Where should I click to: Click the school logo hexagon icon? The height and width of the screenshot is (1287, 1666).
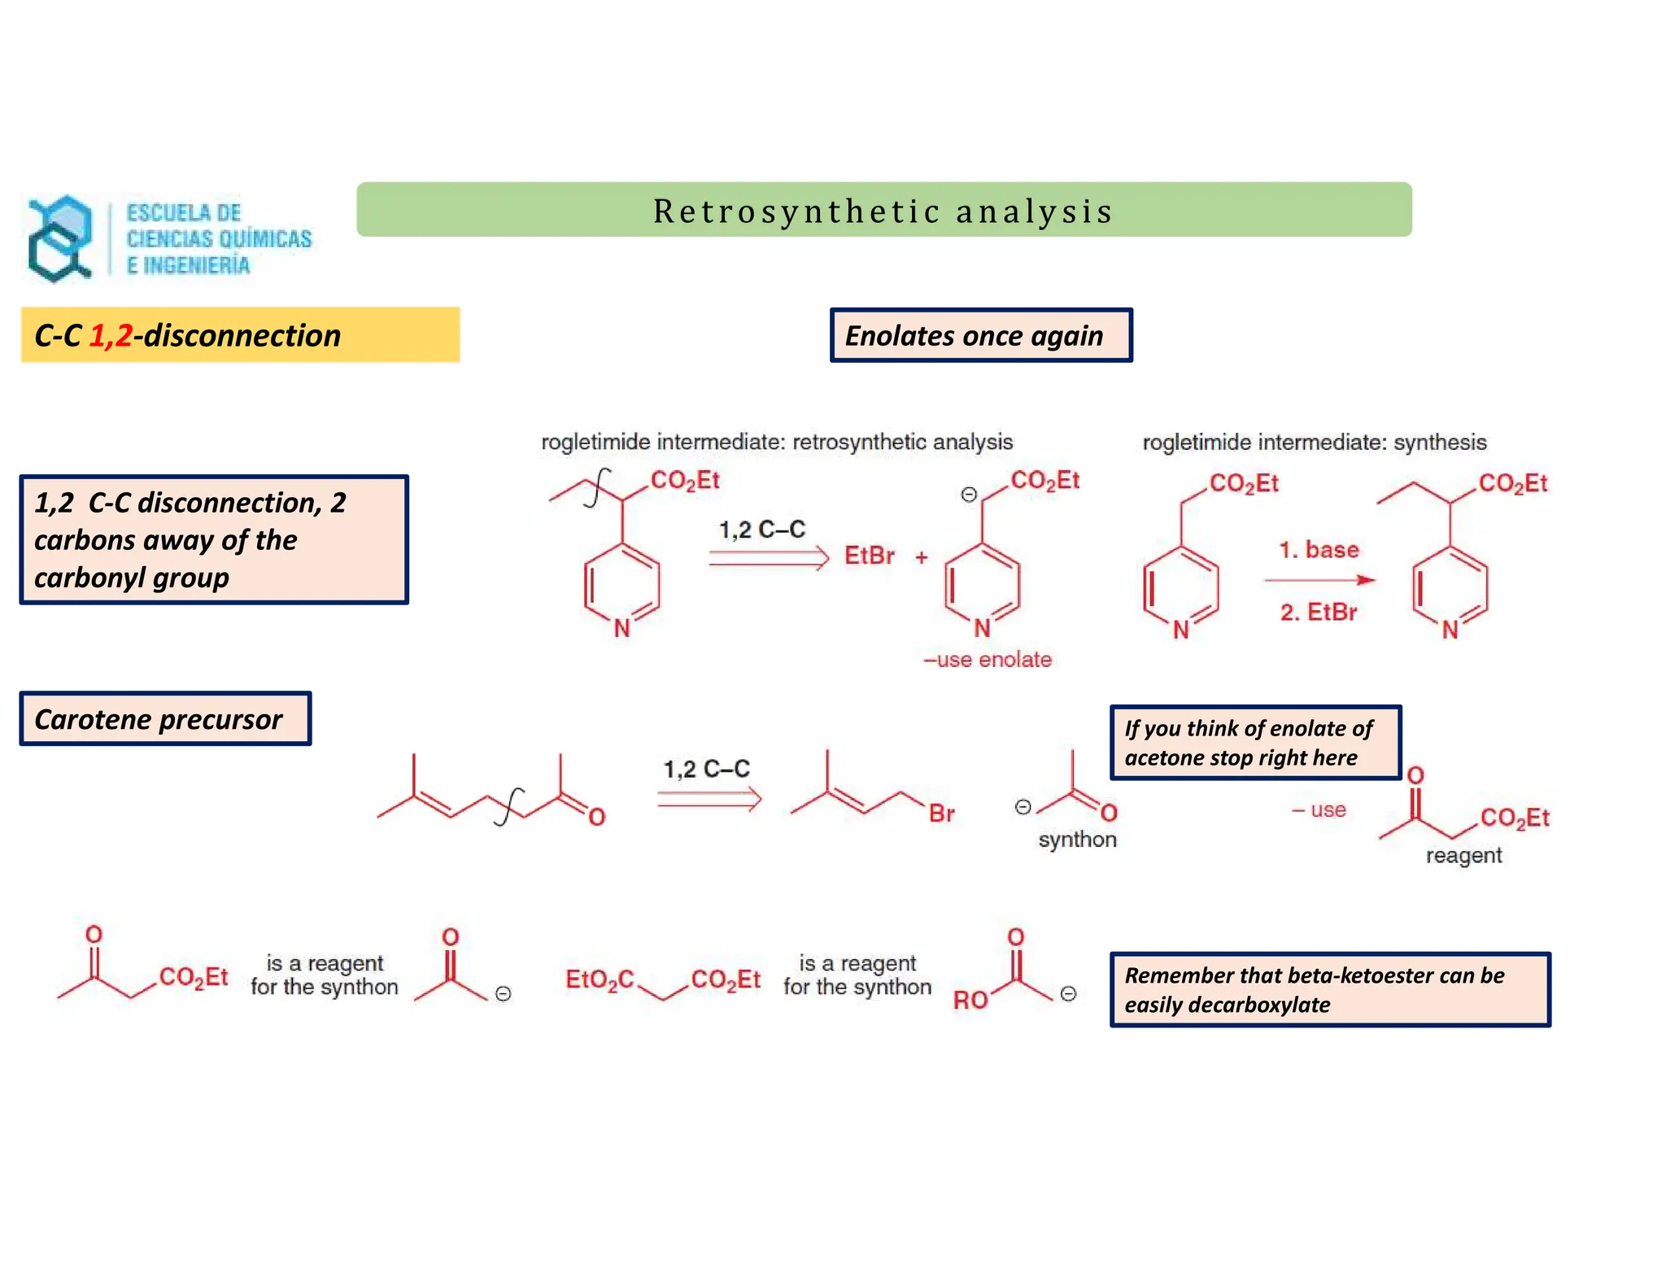59,238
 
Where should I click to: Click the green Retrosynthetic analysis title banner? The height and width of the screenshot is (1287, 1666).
883,210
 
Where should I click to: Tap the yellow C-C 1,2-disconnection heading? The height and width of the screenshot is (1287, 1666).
240,335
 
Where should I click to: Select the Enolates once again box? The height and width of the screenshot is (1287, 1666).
980,335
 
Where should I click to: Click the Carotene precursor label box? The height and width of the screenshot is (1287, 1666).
165,719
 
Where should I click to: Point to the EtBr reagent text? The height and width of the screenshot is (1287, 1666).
869,556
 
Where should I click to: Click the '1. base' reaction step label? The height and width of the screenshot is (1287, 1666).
1319,550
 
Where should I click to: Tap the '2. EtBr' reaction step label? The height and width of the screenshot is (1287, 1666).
1319,612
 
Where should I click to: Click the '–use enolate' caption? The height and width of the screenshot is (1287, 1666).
987,660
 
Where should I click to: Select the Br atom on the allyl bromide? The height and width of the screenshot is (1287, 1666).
941,814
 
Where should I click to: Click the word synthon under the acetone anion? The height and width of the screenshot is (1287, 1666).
1077,840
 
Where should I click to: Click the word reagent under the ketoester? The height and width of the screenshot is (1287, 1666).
1463,856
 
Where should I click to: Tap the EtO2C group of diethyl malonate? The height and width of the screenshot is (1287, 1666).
600,979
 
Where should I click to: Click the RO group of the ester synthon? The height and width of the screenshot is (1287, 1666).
970,1000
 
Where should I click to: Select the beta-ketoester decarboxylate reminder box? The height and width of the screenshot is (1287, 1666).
1330,989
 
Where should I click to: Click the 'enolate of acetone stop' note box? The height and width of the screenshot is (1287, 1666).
1255,743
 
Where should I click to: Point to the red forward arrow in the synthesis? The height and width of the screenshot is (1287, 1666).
1319,580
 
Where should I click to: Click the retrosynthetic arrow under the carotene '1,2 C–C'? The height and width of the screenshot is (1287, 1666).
709,800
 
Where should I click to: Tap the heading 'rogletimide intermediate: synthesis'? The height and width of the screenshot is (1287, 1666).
1314,443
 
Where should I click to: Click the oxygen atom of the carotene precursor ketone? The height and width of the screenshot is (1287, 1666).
597,817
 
